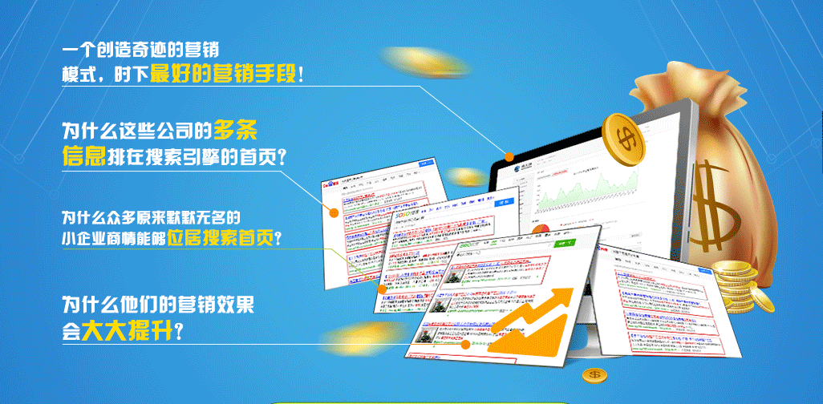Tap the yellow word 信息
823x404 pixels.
pyautogui.click(x=83, y=155)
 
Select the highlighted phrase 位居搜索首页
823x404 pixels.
pyautogui.click(x=220, y=237)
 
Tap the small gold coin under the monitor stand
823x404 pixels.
pyautogui.click(x=594, y=374)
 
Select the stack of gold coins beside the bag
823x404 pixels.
pyautogui.click(x=736, y=283)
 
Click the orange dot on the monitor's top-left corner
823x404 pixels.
pyautogui.click(x=509, y=156)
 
